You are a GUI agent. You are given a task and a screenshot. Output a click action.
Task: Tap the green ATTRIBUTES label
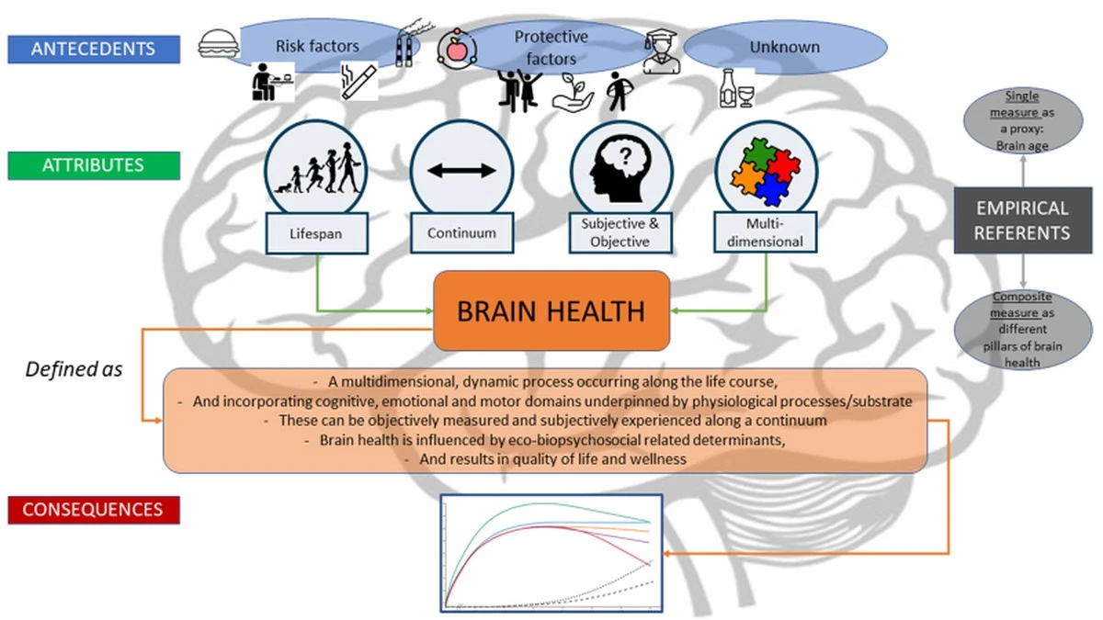click(x=93, y=165)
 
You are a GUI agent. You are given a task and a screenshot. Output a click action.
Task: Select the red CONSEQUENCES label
click(x=93, y=509)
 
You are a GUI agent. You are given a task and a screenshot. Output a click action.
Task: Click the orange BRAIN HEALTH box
click(x=551, y=310)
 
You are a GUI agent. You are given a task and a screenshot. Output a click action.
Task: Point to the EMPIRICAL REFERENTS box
click(x=1021, y=220)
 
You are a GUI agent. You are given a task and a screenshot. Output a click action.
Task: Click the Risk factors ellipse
click(x=318, y=45)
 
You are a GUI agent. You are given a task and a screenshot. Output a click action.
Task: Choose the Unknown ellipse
click(x=785, y=47)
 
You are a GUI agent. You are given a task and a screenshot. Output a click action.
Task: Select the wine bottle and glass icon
click(x=736, y=90)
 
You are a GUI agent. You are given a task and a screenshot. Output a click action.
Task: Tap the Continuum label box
click(x=461, y=233)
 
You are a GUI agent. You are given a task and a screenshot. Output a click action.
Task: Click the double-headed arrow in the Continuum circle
click(x=461, y=171)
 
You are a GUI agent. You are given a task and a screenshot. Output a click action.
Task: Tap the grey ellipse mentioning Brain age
click(x=1021, y=118)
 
